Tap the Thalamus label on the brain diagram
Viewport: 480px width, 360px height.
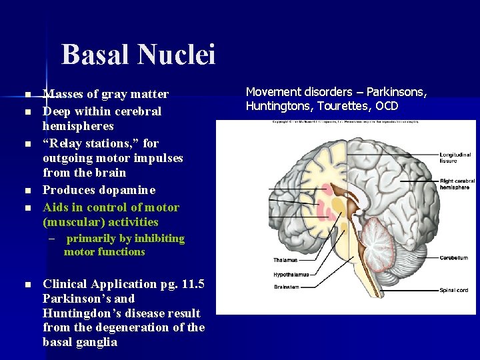(x=285, y=260)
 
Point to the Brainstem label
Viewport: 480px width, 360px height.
(x=287, y=287)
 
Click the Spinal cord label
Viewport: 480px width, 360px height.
(x=453, y=290)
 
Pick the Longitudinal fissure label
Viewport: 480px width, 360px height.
(x=455, y=159)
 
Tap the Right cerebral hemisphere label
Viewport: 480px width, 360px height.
(x=457, y=184)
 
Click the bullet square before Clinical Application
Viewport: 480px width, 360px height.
(x=27, y=285)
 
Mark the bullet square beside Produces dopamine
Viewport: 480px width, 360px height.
(x=27, y=191)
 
